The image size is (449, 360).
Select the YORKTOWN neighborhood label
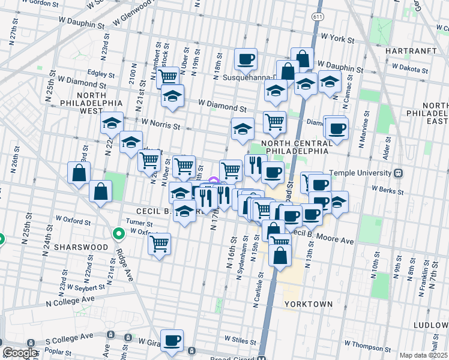(x=309, y=304)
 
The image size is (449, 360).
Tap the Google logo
(x=20, y=353)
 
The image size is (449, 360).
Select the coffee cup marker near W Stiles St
(x=172, y=340)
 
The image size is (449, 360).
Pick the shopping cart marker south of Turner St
(x=160, y=244)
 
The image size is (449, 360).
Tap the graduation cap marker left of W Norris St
(x=112, y=123)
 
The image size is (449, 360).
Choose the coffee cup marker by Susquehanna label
(x=246, y=59)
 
